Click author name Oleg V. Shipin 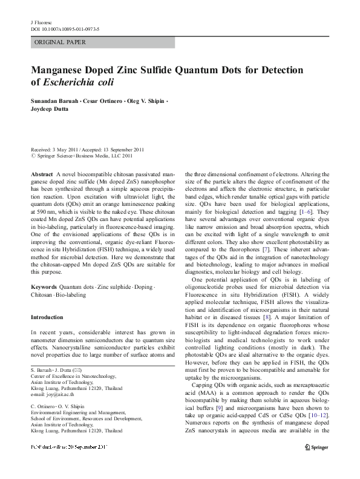145,101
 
